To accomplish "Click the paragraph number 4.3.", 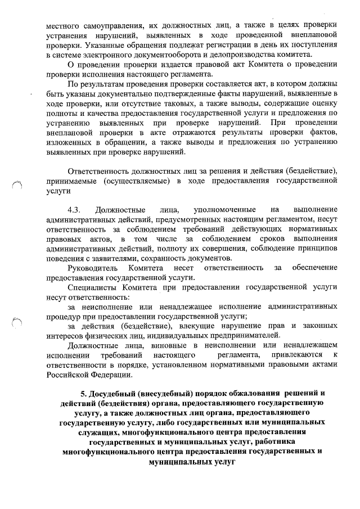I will click(74, 209).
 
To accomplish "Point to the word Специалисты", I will click(92, 287).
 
